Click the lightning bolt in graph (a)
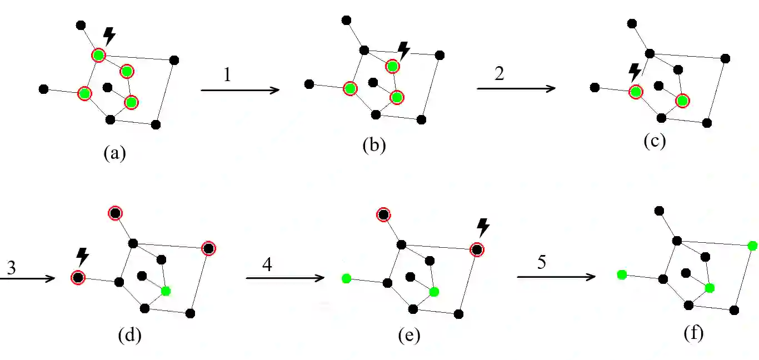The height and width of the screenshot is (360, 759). (x=109, y=36)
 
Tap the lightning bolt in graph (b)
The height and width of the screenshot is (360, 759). (x=404, y=51)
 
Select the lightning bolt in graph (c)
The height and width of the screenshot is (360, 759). (x=635, y=71)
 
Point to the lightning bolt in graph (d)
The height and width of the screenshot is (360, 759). (x=82, y=257)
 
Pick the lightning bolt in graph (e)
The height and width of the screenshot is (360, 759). (x=483, y=227)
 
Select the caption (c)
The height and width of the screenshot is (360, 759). (x=655, y=141)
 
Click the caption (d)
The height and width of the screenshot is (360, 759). (x=130, y=335)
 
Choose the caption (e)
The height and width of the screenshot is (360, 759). (x=409, y=336)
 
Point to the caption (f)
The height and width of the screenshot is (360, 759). (x=694, y=333)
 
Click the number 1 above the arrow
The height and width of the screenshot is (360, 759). (x=227, y=74)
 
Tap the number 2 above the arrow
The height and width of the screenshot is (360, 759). (x=499, y=73)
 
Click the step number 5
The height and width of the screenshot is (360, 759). (x=542, y=262)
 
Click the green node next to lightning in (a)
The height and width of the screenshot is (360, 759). (x=98, y=55)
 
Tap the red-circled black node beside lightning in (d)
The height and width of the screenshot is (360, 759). (x=78, y=277)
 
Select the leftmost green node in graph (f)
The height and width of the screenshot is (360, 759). (x=622, y=274)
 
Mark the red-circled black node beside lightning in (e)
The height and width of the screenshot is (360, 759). (x=477, y=249)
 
